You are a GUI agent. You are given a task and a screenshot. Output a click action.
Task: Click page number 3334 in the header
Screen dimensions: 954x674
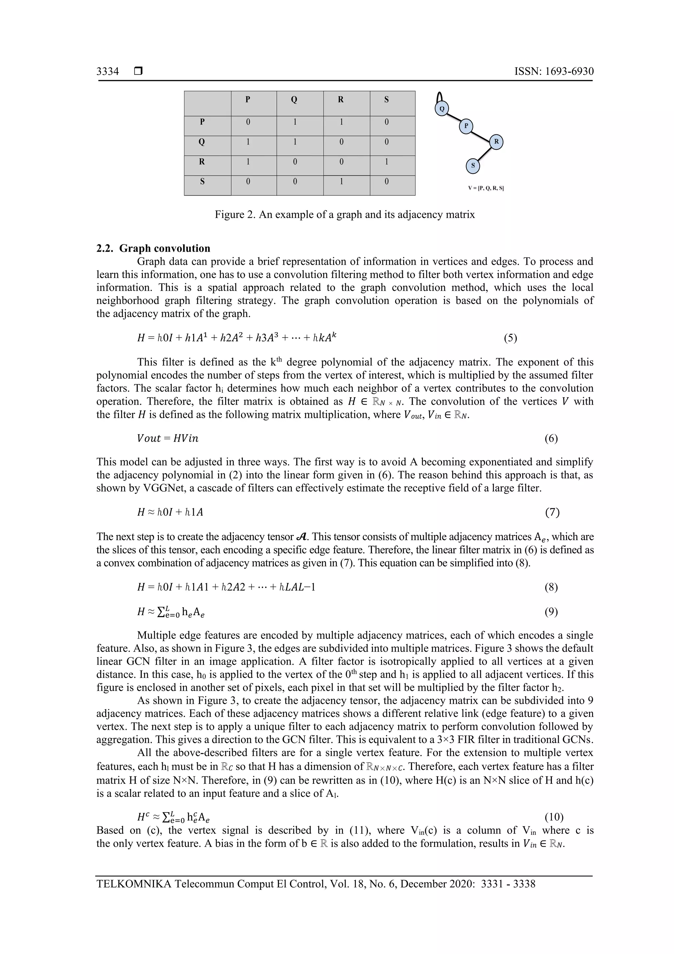point(108,71)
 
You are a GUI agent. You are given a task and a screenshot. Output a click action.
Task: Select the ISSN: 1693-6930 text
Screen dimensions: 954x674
point(554,71)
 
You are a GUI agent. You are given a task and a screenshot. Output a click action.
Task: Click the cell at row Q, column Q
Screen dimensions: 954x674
point(295,142)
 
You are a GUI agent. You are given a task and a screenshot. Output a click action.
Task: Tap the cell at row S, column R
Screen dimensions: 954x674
point(341,181)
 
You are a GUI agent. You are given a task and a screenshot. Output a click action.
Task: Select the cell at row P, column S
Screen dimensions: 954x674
point(386,122)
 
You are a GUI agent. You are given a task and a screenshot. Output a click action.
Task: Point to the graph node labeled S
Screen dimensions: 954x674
point(473,166)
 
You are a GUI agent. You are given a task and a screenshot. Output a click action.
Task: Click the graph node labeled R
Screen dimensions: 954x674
point(496,142)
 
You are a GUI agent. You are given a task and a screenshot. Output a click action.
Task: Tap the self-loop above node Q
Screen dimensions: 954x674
point(439,97)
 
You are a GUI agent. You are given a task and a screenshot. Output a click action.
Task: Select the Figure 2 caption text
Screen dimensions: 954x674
point(344,215)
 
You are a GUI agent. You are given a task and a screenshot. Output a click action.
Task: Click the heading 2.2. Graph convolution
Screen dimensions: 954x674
point(153,249)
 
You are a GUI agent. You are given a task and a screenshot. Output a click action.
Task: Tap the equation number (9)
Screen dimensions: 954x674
point(551,612)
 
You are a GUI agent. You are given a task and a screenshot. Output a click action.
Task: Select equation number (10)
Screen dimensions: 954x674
point(554,817)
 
